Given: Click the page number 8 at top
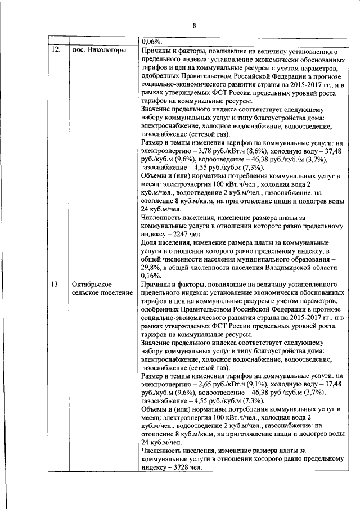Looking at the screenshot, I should (193, 25).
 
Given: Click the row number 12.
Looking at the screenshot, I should (56, 50).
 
